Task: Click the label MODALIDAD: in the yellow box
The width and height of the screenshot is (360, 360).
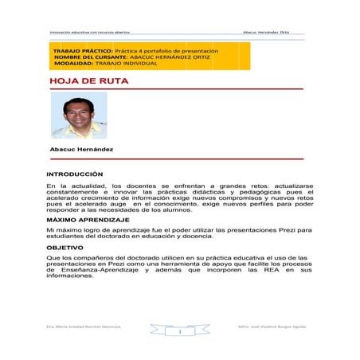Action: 73,64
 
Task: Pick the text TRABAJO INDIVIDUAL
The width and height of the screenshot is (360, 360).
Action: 129,64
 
